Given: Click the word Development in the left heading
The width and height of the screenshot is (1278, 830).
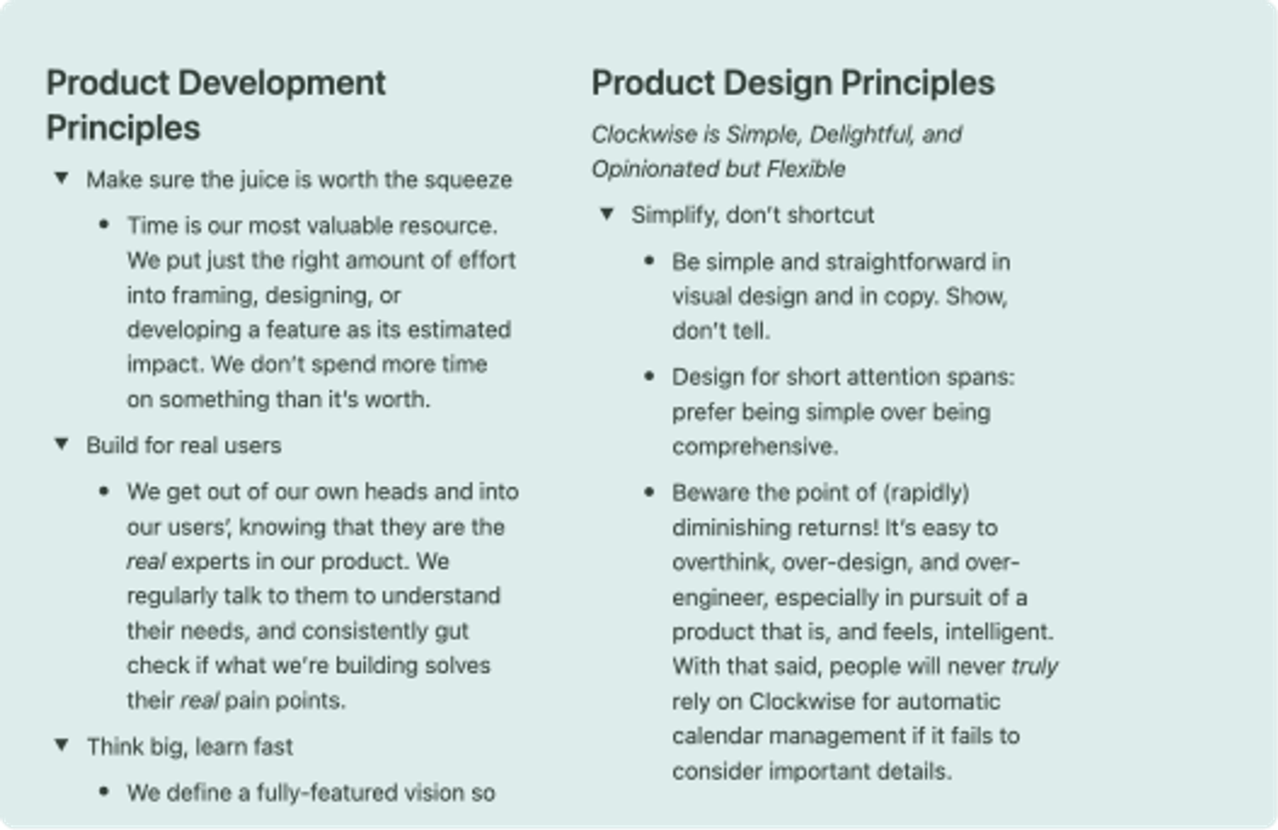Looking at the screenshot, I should click(x=281, y=83).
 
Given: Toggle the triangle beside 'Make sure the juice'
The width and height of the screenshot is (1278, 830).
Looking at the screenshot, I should click(x=62, y=178).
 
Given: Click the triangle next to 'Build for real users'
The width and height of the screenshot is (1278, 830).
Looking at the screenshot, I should click(x=62, y=444).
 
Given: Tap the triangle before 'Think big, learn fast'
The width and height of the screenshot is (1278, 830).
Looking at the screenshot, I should click(x=62, y=746).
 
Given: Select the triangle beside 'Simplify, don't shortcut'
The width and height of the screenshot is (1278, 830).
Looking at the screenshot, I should click(x=607, y=214).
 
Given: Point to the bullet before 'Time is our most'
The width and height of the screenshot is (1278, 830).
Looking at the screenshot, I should click(x=104, y=225).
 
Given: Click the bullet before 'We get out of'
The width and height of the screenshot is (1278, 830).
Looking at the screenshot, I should click(x=104, y=491).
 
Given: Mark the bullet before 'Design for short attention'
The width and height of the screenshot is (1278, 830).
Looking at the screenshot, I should click(x=649, y=376).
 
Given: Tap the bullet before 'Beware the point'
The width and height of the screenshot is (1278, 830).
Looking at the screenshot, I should click(x=649, y=492).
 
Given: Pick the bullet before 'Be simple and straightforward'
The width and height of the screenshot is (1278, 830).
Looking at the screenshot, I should click(x=649, y=261).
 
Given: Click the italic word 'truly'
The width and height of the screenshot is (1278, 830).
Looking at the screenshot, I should click(x=1034, y=666).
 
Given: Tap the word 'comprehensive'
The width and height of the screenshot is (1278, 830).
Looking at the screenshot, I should click(x=754, y=447).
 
